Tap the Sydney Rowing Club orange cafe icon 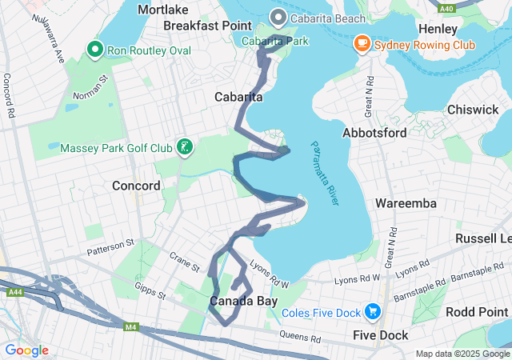[362, 44]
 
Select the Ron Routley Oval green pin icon [95, 51]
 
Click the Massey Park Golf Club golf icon [185, 147]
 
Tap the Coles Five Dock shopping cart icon [372, 311]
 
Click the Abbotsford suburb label [374, 133]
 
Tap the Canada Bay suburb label [243, 302]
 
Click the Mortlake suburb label [163, 10]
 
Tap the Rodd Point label [478, 311]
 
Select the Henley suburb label [438, 29]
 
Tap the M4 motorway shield [130, 326]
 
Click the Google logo [26, 350]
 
